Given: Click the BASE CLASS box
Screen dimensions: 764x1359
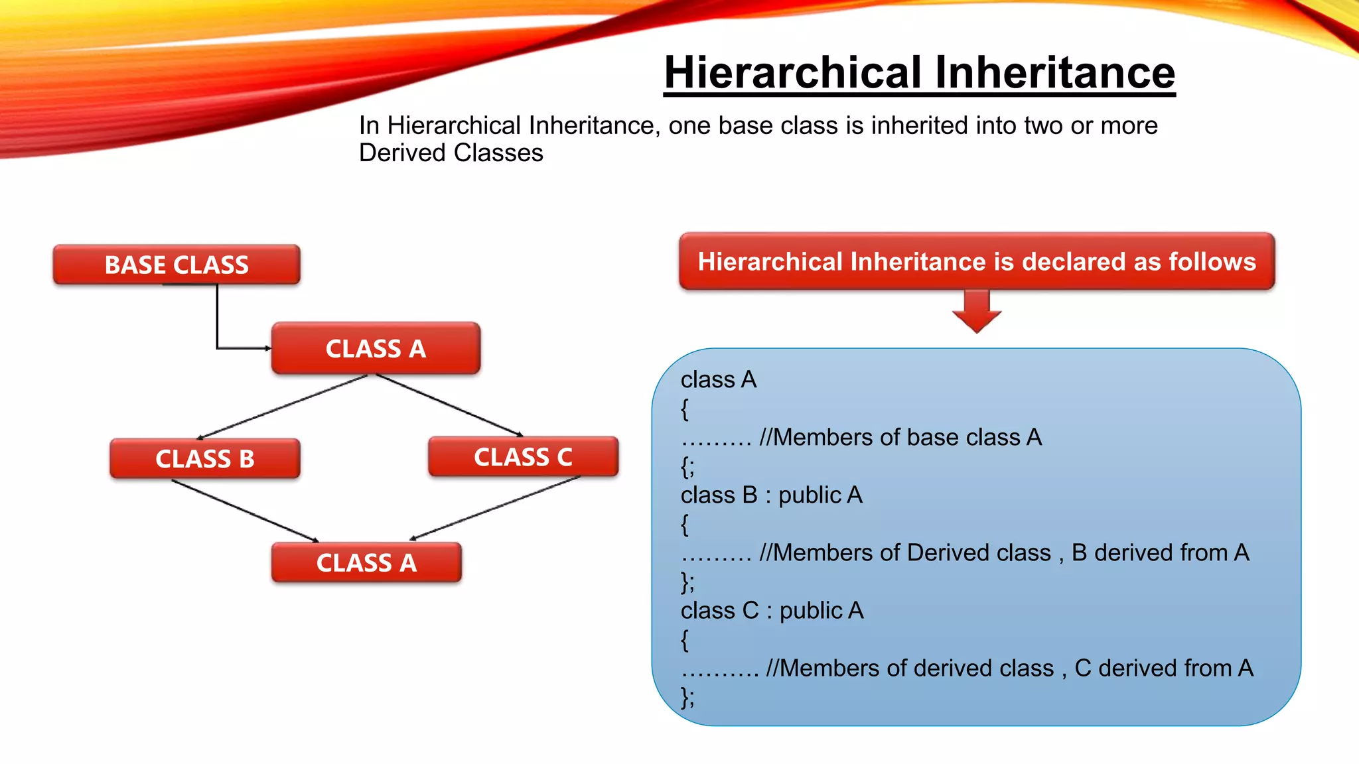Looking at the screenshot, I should click(177, 265).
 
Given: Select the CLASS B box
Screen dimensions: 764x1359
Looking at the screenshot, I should click(204, 458).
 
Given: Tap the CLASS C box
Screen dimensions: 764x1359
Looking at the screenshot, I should click(523, 456).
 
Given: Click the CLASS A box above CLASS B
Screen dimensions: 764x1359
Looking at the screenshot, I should click(376, 348).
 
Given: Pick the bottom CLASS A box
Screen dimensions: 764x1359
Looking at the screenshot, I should click(366, 562).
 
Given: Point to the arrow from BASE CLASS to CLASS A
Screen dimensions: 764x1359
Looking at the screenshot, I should click(218, 325).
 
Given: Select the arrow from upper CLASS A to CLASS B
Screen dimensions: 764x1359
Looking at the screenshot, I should click(282, 407).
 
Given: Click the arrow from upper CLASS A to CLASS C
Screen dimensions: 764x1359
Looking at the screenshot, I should click(450, 405).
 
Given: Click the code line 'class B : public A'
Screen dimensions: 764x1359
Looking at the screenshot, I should click(771, 495).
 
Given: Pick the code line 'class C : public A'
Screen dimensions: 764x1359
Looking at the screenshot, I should click(772, 610).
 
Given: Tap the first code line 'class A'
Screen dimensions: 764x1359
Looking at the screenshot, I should click(718, 379).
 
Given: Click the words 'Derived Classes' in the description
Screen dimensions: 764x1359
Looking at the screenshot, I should click(451, 153).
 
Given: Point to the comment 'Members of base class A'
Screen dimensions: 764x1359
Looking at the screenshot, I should click(900, 437).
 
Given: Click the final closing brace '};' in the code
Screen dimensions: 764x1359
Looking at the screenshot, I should click(687, 696).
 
